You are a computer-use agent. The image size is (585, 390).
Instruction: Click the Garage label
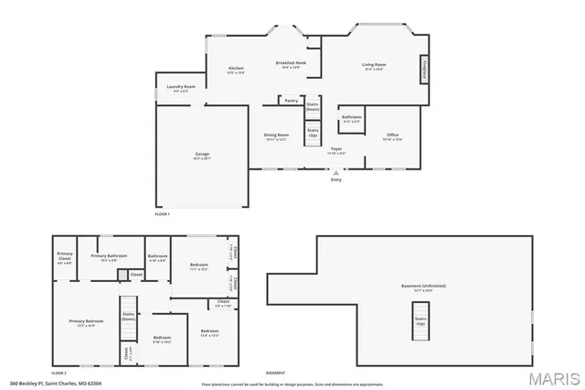[201, 157]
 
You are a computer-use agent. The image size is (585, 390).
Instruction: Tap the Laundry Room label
[181, 88]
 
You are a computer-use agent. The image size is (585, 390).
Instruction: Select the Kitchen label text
[236, 70]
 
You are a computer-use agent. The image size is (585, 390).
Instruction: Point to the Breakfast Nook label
[291, 64]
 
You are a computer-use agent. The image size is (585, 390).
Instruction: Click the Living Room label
[375, 66]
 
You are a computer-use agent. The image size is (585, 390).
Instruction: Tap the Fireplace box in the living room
[424, 69]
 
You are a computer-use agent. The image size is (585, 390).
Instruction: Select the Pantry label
[291, 101]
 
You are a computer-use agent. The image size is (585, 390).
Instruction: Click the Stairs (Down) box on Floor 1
[313, 107]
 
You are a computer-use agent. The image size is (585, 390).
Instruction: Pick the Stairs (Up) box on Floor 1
[313, 133]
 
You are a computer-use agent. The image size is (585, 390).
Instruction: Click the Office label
[392, 136]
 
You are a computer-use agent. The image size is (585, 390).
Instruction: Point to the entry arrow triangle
[336, 171]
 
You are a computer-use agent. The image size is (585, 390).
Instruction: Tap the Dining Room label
[276, 136]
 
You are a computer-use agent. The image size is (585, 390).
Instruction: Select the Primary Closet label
[65, 256]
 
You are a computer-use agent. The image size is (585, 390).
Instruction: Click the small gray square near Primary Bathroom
[122, 274]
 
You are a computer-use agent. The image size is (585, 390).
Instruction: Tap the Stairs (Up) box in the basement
[420, 323]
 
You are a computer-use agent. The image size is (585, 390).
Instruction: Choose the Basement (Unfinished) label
[423, 287]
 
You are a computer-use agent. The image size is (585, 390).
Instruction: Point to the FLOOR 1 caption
[163, 213]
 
